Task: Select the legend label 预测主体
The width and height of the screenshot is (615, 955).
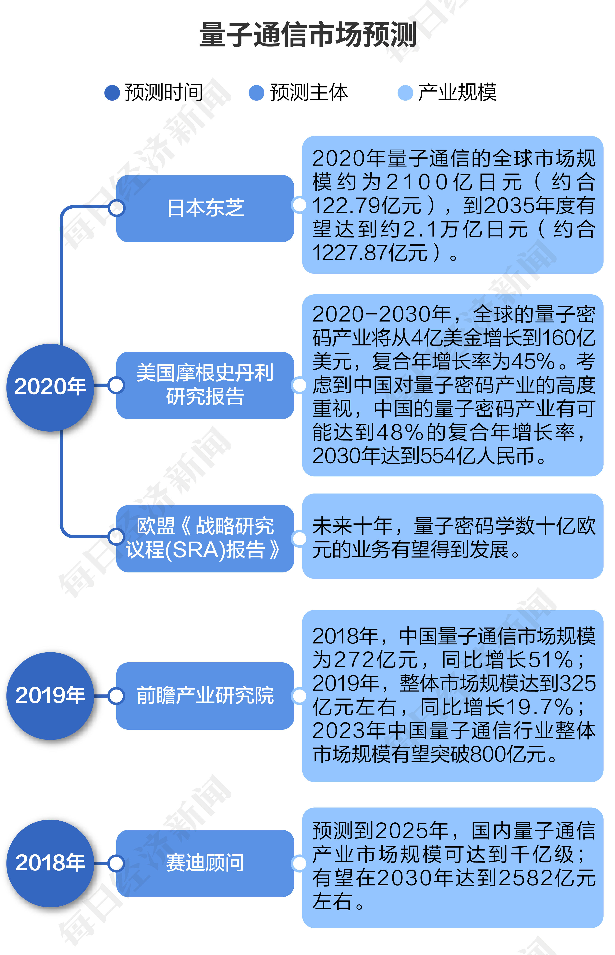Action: [x=309, y=92]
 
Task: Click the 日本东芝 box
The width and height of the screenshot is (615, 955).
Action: [x=205, y=208]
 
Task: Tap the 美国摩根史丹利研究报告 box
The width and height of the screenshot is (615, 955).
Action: [x=205, y=385]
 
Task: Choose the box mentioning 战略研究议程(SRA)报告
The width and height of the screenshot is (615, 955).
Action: [x=205, y=539]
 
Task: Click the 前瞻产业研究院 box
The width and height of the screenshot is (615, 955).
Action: [x=205, y=696]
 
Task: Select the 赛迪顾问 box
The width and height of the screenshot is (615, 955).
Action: [x=205, y=863]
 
